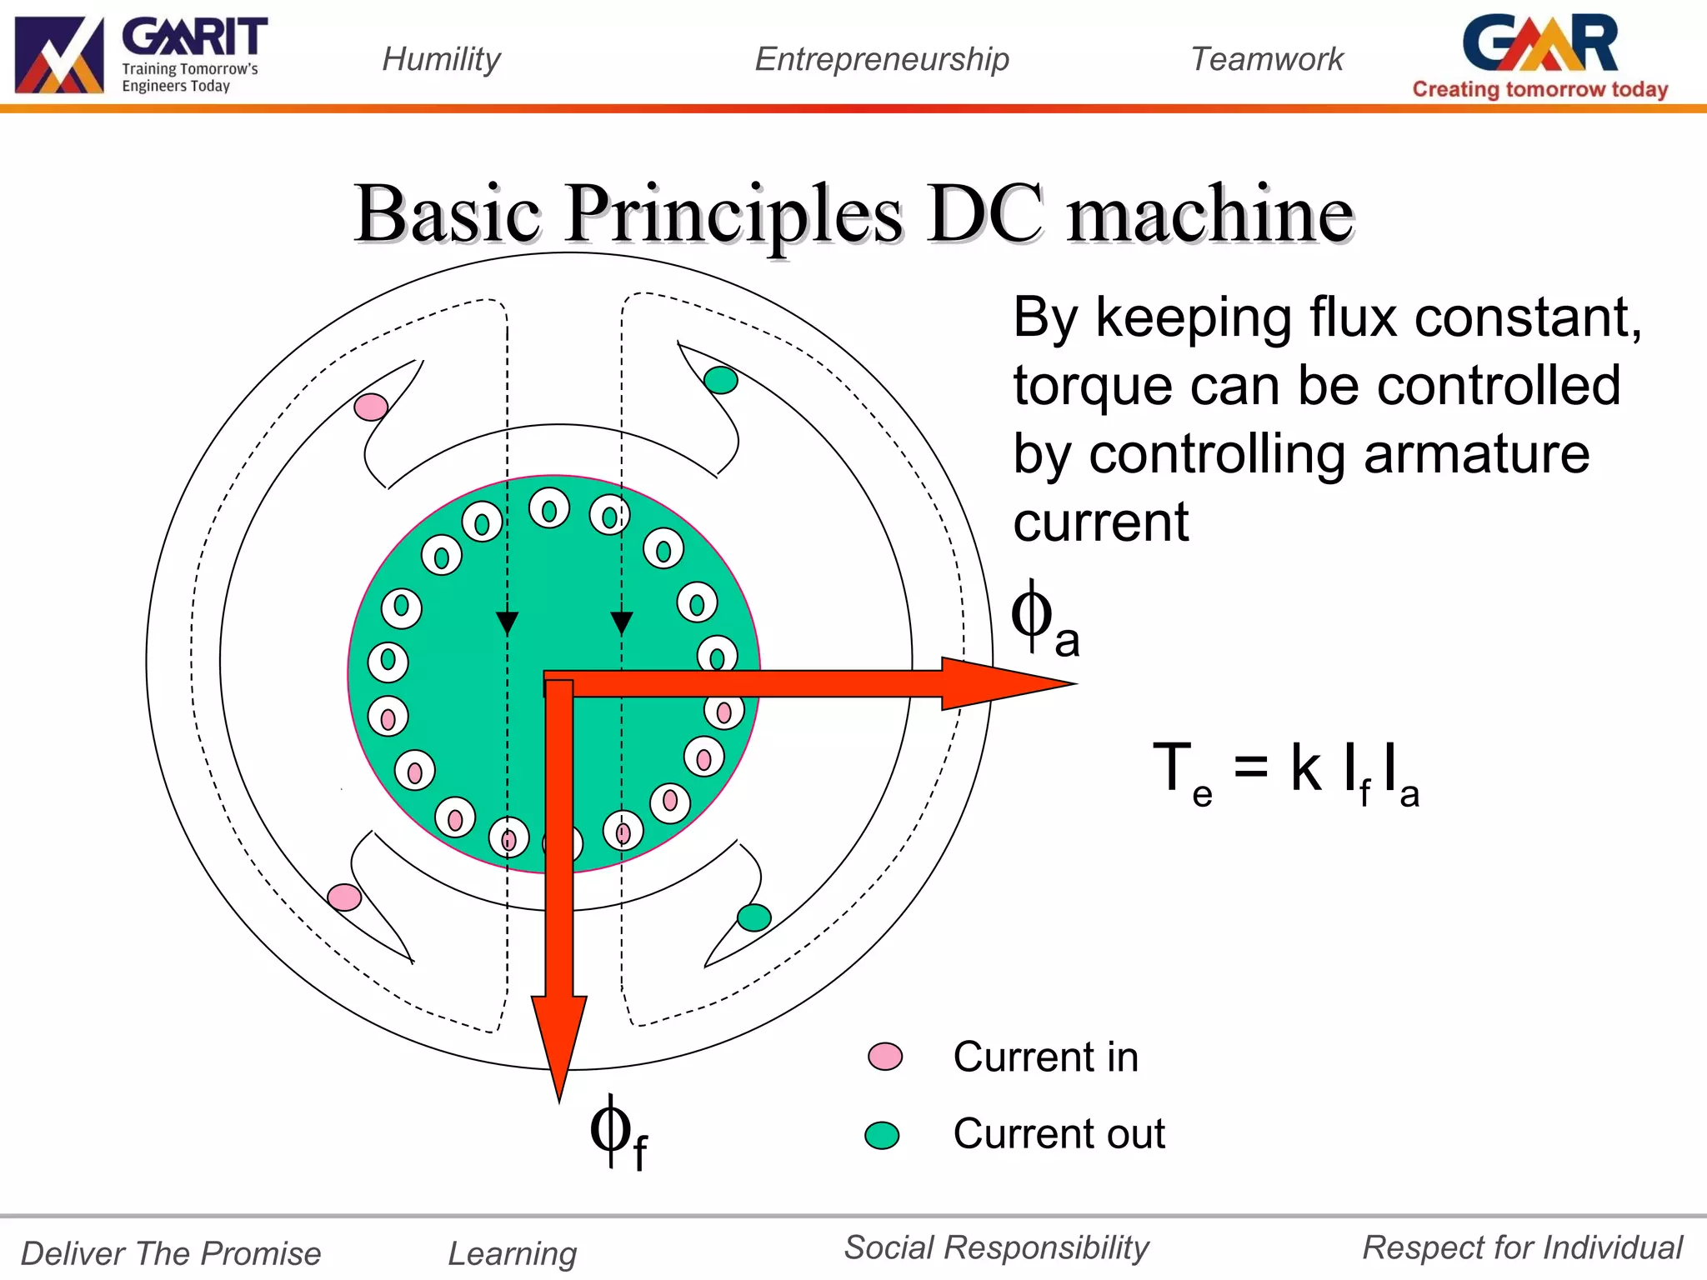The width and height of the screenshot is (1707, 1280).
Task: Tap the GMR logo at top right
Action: (x=1540, y=55)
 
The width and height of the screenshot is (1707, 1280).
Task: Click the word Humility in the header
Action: (x=441, y=59)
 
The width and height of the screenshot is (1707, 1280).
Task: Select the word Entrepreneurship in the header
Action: (x=882, y=59)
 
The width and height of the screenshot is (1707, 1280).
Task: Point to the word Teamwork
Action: (x=1267, y=59)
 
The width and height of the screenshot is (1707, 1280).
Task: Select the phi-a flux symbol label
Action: (x=1044, y=620)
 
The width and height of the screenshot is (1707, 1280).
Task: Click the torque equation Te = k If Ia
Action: (x=1284, y=772)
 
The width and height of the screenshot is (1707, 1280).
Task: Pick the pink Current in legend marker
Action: (x=884, y=1057)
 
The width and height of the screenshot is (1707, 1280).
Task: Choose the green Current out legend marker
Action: (x=882, y=1135)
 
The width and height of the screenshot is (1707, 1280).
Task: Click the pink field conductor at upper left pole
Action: (x=371, y=407)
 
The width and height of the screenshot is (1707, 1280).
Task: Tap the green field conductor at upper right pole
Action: (x=720, y=380)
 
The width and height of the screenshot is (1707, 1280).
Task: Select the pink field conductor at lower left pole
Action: (x=344, y=897)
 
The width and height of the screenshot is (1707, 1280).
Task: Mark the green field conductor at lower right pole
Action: (x=754, y=917)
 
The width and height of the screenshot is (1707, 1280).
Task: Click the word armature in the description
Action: (x=1476, y=454)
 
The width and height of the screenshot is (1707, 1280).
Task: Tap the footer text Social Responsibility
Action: (x=996, y=1247)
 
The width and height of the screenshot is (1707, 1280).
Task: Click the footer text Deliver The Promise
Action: (x=171, y=1253)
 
